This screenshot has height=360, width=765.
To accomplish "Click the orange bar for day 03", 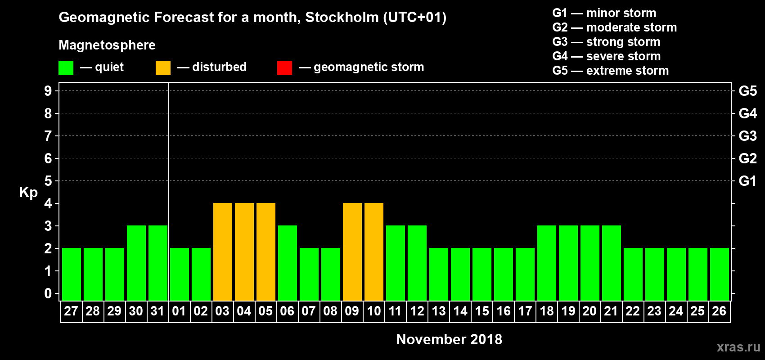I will (223, 252).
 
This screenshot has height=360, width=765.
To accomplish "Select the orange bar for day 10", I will (374, 252).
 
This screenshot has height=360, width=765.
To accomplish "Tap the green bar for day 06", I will (288, 263).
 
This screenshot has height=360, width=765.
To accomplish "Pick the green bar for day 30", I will (136, 263).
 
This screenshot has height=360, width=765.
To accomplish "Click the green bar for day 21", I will (612, 263).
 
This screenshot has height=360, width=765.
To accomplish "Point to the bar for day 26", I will (720, 274).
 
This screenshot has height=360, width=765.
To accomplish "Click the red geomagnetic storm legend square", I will (284, 68).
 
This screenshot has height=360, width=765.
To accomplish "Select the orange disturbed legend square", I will (163, 68).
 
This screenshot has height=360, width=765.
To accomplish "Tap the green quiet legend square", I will (66, 68).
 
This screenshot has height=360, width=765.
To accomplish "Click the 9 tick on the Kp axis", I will (48, 91).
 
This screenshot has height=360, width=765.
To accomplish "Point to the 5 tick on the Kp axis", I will (48, 181).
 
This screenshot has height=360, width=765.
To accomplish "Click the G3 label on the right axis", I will (747, 136).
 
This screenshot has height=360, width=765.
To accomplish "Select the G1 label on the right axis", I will (747, 181).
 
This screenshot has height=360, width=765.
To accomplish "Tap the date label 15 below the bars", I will (482, 311).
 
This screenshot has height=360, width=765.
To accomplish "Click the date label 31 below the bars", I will (157, 311).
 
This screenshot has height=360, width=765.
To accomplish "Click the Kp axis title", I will (28, 193).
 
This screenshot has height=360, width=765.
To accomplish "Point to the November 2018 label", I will (449, 339).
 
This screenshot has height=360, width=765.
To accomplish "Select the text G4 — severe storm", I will (607, 56).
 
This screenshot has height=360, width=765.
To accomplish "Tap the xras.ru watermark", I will (738, 347).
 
